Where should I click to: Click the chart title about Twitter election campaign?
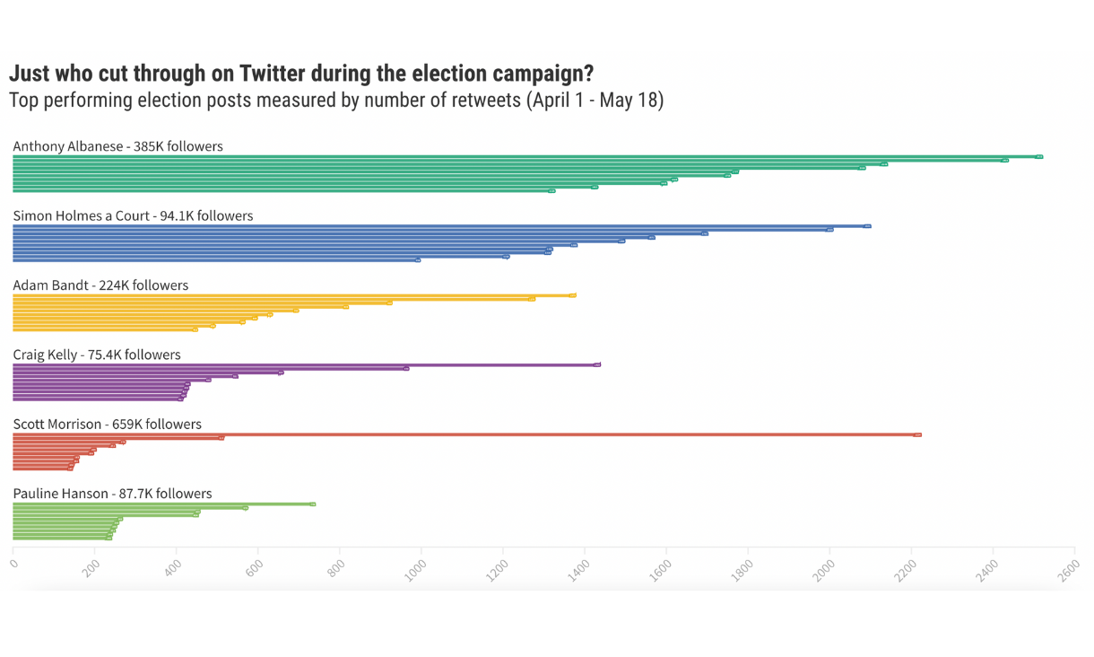(x=300, y=74)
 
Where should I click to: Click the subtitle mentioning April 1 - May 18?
(x=336, y=100)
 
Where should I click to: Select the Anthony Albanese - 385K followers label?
(x=117, y=146)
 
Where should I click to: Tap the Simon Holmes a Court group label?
(x=133, y=215)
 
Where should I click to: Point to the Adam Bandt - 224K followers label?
(x=100, y=285)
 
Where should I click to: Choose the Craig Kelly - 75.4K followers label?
(x=97, y=355)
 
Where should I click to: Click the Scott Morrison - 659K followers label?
(x=107, y=424)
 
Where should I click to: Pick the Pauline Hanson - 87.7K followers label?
(x=112, y=494)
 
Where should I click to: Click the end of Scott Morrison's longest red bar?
(x=917, y=435)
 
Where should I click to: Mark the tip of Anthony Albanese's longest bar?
(x=1038, y=157)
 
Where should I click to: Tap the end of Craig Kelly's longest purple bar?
(x=597, y=365)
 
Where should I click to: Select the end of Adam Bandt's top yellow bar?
(x=572, y=295)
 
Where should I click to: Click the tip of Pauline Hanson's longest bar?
(x=312, y=504)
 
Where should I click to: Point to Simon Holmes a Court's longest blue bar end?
(x=867, y=226)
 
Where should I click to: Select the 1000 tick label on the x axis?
(x=417, y=570)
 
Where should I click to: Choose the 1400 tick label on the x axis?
(x=580, y=570)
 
